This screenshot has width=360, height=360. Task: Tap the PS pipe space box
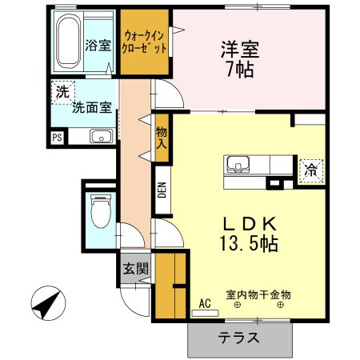(57, 138)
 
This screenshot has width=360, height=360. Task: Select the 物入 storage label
(162, 138)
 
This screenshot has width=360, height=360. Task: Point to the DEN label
(162, 190)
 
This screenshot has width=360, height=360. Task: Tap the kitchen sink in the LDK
(238, 166)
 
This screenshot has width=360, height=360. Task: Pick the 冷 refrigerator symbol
(309, 170)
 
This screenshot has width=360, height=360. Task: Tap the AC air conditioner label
(204, 303)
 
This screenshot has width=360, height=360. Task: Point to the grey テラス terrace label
(239, 338)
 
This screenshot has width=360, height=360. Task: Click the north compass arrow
(46, 303)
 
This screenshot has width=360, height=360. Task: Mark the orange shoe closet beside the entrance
(170, 285)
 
